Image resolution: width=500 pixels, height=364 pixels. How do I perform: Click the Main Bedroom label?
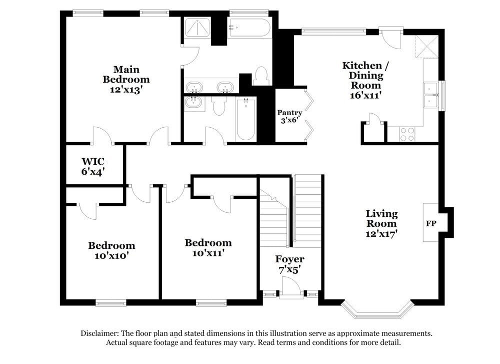pos(126,74)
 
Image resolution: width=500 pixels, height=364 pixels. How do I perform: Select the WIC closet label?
pos(92,161)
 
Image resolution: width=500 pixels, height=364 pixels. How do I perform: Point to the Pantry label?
pos(289,113)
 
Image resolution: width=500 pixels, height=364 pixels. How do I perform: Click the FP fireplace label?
pos(430,223)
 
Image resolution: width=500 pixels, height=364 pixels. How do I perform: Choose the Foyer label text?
pos(289,259)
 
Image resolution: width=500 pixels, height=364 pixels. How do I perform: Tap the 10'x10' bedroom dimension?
pos(111,255)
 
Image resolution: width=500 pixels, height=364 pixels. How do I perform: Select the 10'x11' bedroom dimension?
pos(208,253)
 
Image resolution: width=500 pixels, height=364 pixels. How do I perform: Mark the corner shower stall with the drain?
pos(198,27)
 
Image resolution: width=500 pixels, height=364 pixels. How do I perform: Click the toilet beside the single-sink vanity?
pos(219,106)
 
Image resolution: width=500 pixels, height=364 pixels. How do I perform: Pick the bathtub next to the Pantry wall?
pos(245,119)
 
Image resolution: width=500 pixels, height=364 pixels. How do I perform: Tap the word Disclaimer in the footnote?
pos(99,333)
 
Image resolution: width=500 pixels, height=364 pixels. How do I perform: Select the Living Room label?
pos(381,218)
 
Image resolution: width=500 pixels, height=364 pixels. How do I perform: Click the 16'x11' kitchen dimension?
pos(362,95)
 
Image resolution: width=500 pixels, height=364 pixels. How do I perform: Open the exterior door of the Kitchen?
pos(390,36)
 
